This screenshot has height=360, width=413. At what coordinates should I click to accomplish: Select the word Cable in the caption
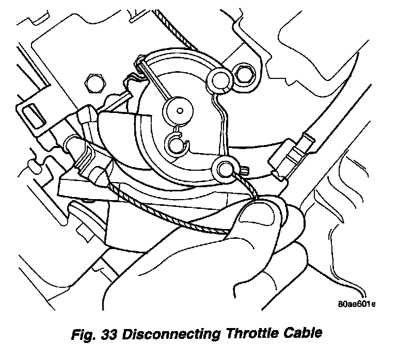(x=303, y=334)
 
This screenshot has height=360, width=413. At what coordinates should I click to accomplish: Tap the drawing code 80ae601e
(x=354, y=304)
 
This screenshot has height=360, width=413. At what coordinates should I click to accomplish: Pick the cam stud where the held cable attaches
(x=226, y=168)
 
